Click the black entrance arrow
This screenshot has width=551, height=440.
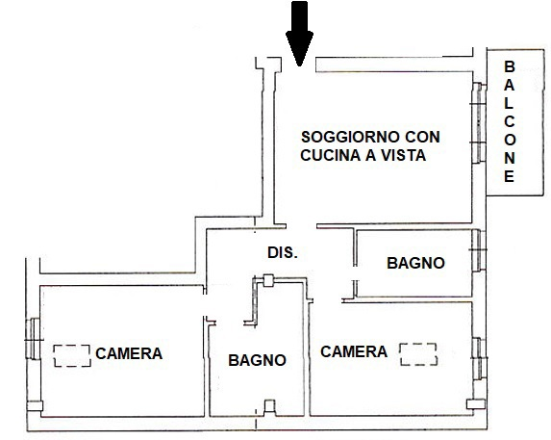[x=300, y=33]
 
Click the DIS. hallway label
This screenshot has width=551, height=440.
[x=283, y=253]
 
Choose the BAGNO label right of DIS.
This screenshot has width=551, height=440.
[x=415, y=262]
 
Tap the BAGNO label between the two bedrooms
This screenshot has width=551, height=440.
[x=257, y=361]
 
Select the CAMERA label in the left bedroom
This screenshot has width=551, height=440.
[x=129, y=353]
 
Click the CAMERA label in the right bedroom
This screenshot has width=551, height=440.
[x=354, y=351]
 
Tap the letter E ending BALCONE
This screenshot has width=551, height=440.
[x=510, y=177]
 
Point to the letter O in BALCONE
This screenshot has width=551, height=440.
[x=510, y=141]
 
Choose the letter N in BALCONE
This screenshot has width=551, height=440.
[x=510, y=159]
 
